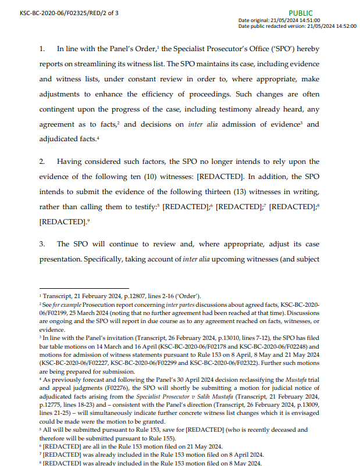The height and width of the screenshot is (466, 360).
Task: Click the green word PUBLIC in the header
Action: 300,13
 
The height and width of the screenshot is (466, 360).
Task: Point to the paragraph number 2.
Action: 42,162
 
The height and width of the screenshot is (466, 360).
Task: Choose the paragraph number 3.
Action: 42,244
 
